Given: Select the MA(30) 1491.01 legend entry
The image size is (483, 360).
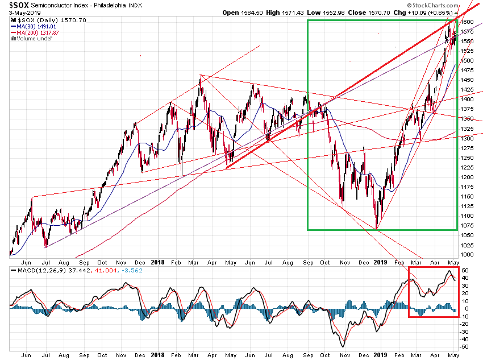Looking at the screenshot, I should [38, 26].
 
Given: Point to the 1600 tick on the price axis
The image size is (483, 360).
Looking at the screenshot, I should [467, 22].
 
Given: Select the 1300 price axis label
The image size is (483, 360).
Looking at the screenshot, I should [467, 138].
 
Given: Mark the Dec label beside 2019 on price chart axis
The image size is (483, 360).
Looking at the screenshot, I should [363, 263].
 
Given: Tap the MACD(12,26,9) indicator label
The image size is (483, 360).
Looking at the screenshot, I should [34, 271].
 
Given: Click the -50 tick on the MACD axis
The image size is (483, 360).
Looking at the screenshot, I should [465, 347].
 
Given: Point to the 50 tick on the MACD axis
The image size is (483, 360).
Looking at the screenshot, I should [465, 271].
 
